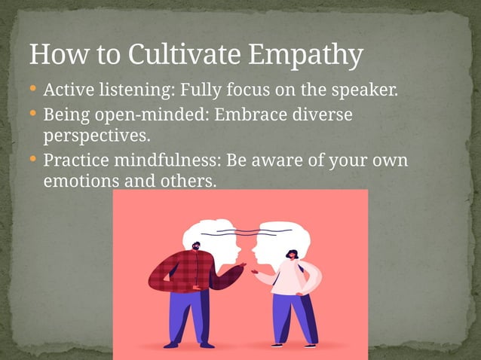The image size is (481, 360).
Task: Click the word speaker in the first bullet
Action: coord(365,92)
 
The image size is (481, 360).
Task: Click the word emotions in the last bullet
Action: coord(75,182)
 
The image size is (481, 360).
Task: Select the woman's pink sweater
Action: coord(290,278)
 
